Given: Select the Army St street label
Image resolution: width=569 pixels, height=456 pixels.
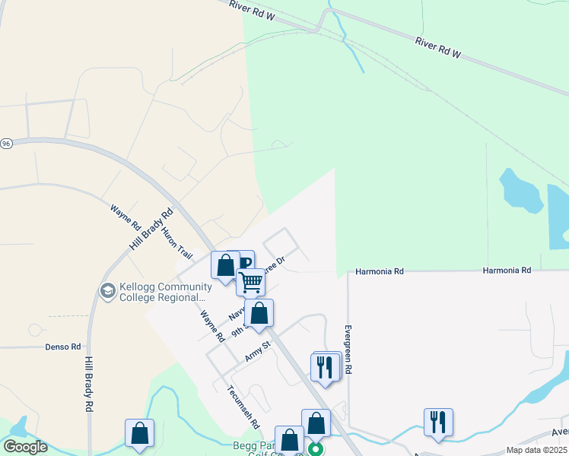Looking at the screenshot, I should tap(258, 351).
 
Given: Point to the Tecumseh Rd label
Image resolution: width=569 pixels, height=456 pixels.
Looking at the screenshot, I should tap(244, 407).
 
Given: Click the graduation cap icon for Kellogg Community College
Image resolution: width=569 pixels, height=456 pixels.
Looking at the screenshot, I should tap(107, 291).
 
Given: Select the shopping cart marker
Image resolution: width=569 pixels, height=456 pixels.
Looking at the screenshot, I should tap(250, 282).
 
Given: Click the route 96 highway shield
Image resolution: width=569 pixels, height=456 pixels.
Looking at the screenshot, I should tap(5, 144).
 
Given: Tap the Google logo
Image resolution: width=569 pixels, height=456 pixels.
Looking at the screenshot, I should tap(25, 447).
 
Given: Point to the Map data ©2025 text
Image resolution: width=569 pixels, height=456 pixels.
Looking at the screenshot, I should tap(536, 450).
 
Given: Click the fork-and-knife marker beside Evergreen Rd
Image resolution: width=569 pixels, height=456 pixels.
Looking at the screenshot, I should tap(325, 367).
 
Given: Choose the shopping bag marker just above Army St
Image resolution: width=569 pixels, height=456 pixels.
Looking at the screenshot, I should tap(259, 313).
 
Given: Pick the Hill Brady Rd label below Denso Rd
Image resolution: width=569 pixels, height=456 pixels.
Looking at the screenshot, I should tap(89, 385).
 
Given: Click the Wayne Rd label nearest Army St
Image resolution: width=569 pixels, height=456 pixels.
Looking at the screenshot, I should tap(212, 325).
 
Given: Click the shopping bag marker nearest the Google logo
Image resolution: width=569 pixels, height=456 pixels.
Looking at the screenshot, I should tap(140, 433).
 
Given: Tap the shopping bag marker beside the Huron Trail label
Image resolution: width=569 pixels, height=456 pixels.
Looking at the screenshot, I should tap(225, 266).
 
